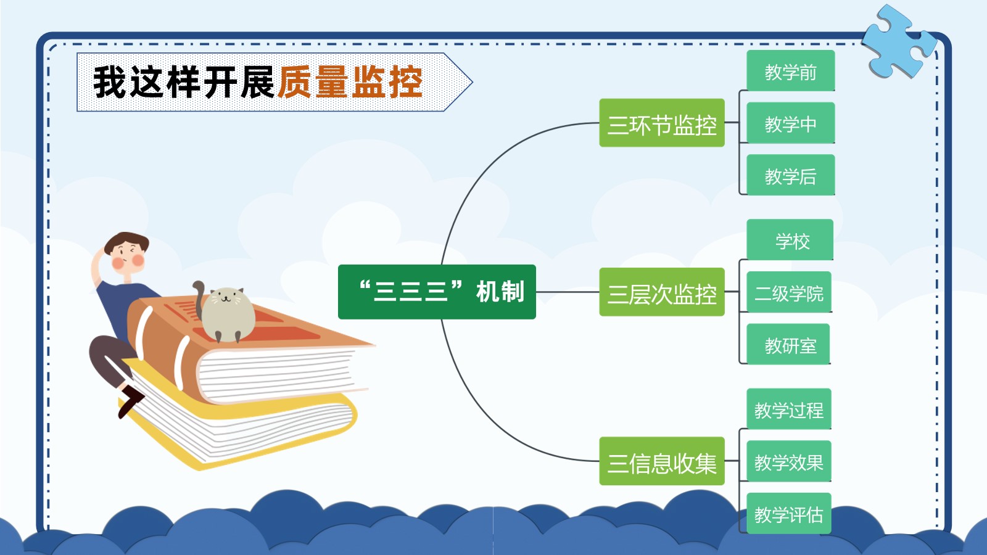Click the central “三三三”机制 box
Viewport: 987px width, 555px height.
[437, 292]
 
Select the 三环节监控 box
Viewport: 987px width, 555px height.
[662, 123]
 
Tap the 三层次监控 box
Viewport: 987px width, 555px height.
[662, 292]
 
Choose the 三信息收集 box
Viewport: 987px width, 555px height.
[662, 461]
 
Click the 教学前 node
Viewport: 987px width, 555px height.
[790, 70]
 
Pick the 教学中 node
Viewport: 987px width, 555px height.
[790, 123]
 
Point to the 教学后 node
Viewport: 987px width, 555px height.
[790, 175]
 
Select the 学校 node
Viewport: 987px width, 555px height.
[790, 239]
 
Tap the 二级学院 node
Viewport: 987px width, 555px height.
[789, 292]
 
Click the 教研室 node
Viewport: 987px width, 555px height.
[788, 343]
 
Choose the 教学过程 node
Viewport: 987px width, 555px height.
[789, 409]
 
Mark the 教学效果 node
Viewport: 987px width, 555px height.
[789, 461]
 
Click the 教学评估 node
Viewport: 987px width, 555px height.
[789, 513]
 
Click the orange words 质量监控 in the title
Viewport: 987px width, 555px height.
[350, 82]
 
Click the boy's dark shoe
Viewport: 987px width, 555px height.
[131, 401]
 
